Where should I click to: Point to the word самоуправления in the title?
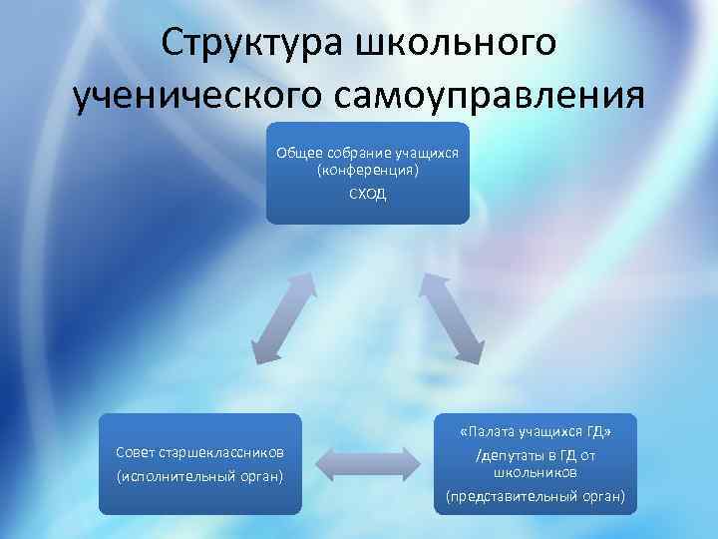tap(496, 97)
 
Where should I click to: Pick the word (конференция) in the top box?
tap(367, 171)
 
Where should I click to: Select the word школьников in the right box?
tap(535, 471)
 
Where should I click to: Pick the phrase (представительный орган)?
tap(535, 495)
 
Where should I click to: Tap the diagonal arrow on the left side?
tap(282, 317)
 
